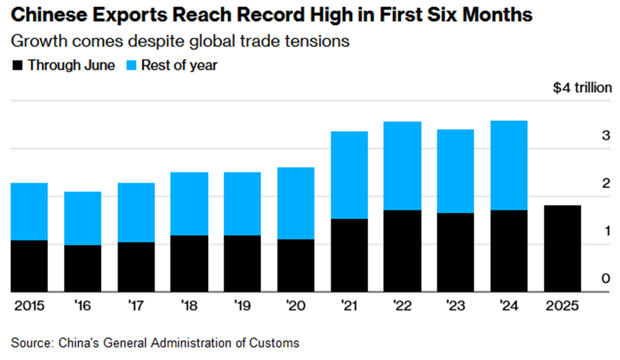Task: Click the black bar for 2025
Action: point(562,248)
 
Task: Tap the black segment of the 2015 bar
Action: point(30,266)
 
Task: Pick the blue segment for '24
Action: point(509,165)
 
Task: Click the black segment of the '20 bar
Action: point(296,265)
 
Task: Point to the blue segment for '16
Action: point(82,218)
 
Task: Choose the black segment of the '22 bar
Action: point(402,251)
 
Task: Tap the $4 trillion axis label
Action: point(582,89)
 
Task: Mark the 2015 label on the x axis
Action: point(27,306)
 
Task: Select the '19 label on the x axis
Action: point(242,306)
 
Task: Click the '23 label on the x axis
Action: point(455,306)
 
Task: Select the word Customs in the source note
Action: point(277,341)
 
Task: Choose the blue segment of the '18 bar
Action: point(189,203)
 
